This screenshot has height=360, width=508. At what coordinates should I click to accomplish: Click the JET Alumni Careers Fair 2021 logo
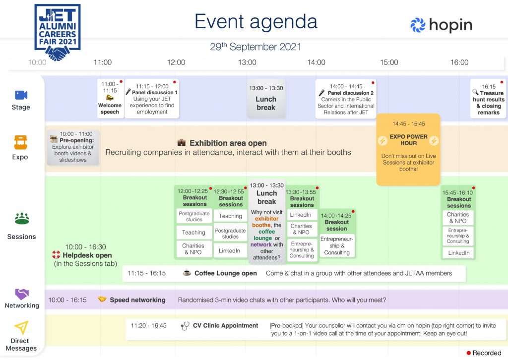point(58,32)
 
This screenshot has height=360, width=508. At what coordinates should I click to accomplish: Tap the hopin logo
point(441,25)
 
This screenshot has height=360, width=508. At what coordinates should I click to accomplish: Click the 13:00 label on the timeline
point(247,62)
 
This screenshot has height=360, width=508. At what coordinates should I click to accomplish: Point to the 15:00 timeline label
point(389,62)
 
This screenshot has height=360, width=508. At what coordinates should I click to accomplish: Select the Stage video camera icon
point(21,95)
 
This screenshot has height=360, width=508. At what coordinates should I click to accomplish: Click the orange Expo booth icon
point(20,142)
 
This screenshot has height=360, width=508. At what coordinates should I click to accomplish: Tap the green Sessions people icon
point(22,219)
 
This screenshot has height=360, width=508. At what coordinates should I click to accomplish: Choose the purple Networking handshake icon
point(22,294)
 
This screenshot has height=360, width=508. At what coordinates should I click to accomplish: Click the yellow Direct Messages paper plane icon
point(21,327)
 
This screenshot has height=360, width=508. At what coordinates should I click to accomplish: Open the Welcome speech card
point(110,98)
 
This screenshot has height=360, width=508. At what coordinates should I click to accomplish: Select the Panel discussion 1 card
point(152,98)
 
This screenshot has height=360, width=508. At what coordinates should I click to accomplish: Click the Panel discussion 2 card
point(346,99)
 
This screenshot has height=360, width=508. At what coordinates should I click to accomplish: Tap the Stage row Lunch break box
point(266,98)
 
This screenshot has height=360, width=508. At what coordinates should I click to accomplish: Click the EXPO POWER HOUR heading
point(408,140)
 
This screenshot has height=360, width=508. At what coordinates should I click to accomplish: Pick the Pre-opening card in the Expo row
point(73,147)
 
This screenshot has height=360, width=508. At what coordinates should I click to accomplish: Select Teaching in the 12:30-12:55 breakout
point(230,216)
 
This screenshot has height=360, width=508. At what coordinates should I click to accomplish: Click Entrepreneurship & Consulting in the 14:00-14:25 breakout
point(337,246)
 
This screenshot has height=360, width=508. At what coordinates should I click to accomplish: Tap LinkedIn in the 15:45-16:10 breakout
point(458,253)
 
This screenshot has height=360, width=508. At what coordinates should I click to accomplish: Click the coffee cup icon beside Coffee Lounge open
point(187,273)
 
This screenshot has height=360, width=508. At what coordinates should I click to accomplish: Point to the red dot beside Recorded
point(468,353)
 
